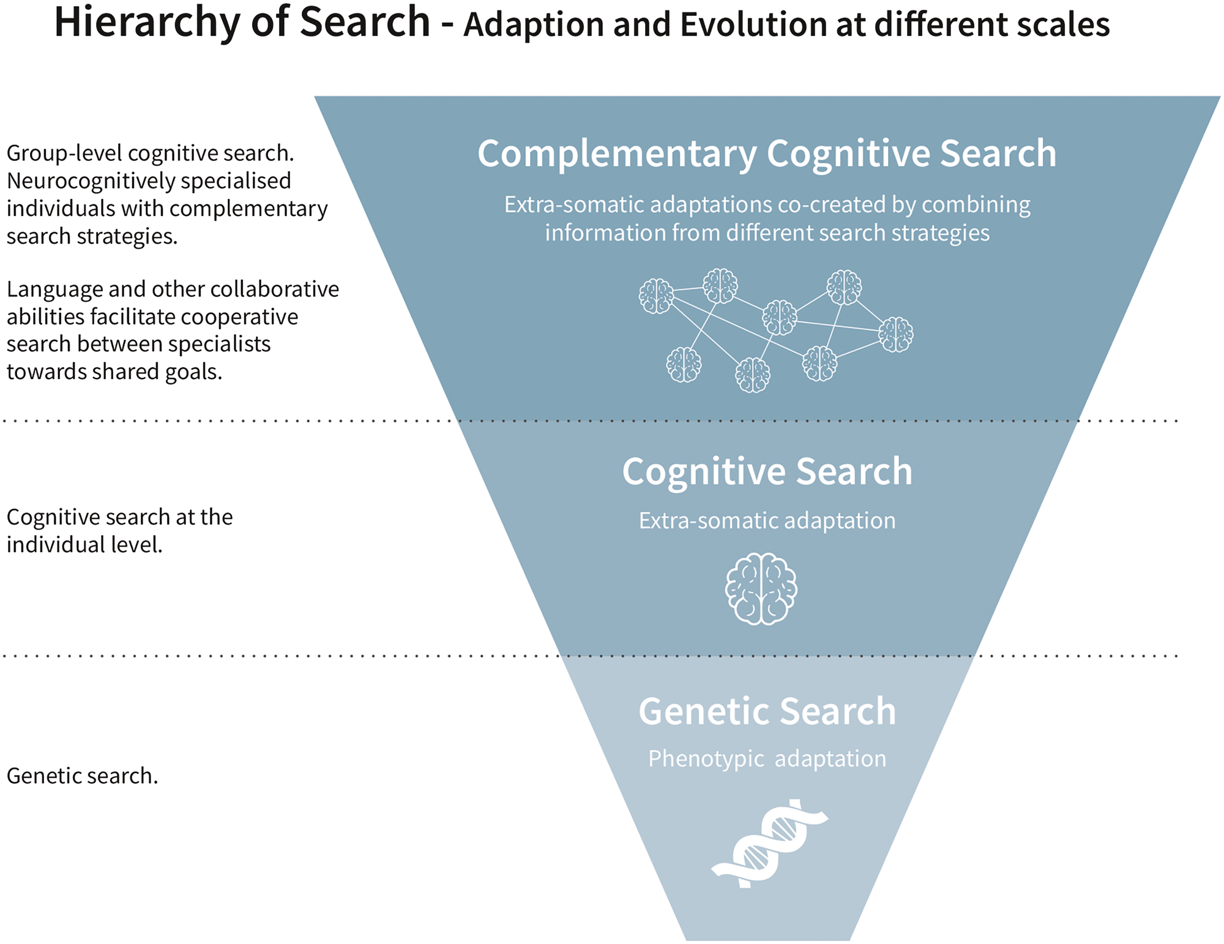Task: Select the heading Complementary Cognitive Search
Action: (767, 153)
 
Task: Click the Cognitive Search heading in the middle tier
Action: (767, 471)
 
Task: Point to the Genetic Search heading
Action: (767, 711)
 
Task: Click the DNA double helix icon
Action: (769, 844)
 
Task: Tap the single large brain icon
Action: (761, 589)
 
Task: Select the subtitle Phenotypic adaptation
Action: (767, 759)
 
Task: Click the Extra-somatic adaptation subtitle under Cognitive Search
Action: (767, 521)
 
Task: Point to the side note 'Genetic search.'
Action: (82, 776)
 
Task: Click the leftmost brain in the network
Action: (656, 296)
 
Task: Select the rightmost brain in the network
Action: (896, 334)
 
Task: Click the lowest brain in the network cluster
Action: (752, 375)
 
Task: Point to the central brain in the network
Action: (779, 317)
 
